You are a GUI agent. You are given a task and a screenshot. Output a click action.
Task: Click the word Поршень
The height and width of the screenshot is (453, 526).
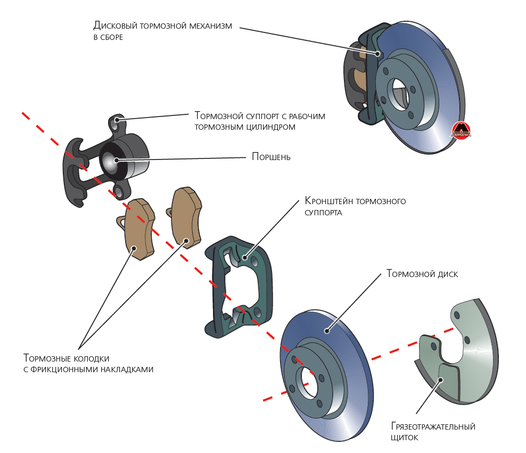coord(271,157)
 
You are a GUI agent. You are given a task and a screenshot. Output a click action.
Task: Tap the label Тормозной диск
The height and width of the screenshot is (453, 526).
coord(422,274)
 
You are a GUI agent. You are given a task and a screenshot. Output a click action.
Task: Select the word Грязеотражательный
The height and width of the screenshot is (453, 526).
coord(433,426)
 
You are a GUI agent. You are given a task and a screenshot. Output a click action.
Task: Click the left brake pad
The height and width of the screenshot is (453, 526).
coord(137,229)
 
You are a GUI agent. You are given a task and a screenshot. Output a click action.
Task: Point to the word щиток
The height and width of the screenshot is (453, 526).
coord(404,438)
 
